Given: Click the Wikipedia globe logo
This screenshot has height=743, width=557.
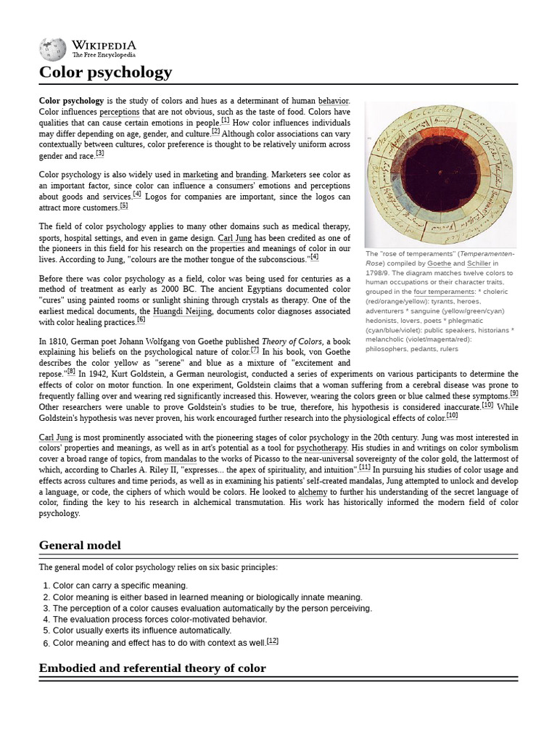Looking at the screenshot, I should click(52, 49).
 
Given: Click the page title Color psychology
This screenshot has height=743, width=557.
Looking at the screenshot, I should click(105, 72).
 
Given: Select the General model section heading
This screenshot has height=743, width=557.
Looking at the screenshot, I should click(80, 545).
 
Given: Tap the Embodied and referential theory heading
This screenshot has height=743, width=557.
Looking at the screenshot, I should click(152, 668).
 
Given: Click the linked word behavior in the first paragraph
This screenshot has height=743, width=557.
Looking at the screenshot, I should click(333, 100).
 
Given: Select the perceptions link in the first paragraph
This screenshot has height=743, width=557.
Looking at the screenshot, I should click(119, 112).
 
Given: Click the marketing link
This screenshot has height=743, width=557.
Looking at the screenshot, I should click(200, 175).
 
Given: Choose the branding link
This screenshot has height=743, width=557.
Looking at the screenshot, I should click(251, 175).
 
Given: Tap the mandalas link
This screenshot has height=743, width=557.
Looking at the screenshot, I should click(180, 459).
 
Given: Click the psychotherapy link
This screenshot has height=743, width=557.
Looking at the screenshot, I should click(322, 448).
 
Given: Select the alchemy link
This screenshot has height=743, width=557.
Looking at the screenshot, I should click(313, 491).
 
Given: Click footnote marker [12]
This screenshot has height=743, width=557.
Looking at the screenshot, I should click(272, 641).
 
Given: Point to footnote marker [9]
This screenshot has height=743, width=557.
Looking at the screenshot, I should click(513, 394).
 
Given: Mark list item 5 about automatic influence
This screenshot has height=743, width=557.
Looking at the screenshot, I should click(141, 631).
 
